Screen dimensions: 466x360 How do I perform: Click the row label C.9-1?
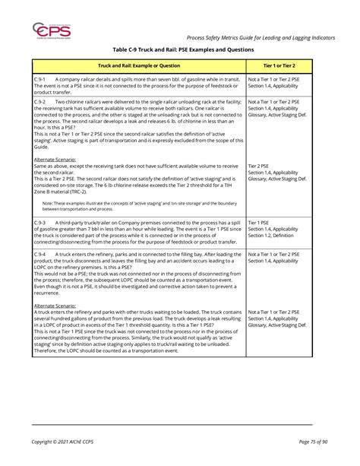pyautogui.click(x=41, y=79)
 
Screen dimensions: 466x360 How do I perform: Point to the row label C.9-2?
pyautogui.click(x=41, y=101)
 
